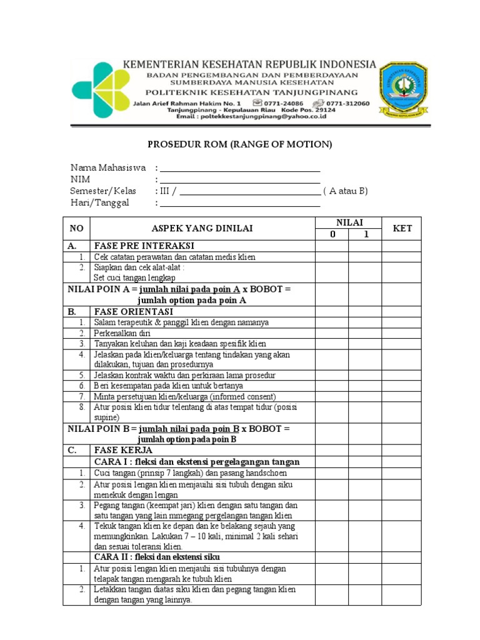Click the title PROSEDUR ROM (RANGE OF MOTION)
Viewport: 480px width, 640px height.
(x=240, y=145)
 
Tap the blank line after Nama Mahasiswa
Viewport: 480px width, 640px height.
(x=240, y=169)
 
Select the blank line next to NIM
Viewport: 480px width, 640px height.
(x=240, y=181)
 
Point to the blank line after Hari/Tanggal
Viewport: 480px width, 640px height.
(x=240, y=204)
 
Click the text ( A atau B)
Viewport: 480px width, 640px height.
(x=346, y=191)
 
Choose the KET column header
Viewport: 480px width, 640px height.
(x=402, y=229)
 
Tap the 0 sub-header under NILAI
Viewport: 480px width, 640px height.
(x=332, y=234)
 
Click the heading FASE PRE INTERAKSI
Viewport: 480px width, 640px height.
(x=144, y=246)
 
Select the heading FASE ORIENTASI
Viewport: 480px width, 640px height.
(x=133, y=311)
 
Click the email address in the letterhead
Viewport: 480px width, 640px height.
(x=251, y=116)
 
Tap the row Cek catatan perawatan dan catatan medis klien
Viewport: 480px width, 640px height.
(x=174, y=257)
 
